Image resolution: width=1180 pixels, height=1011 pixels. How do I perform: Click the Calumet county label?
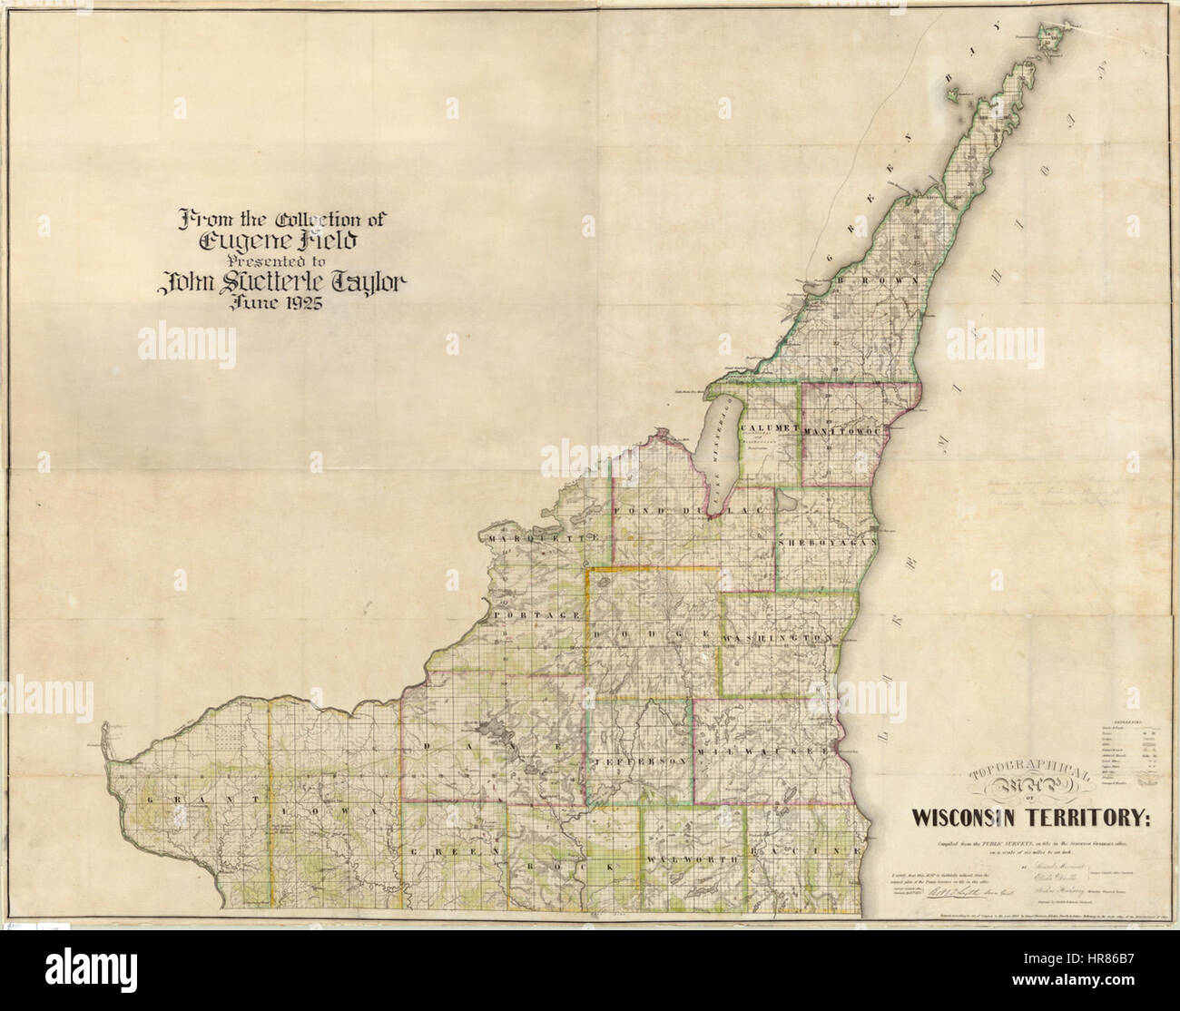point(768,427)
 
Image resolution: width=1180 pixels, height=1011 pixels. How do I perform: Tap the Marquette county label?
point(544,539)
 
